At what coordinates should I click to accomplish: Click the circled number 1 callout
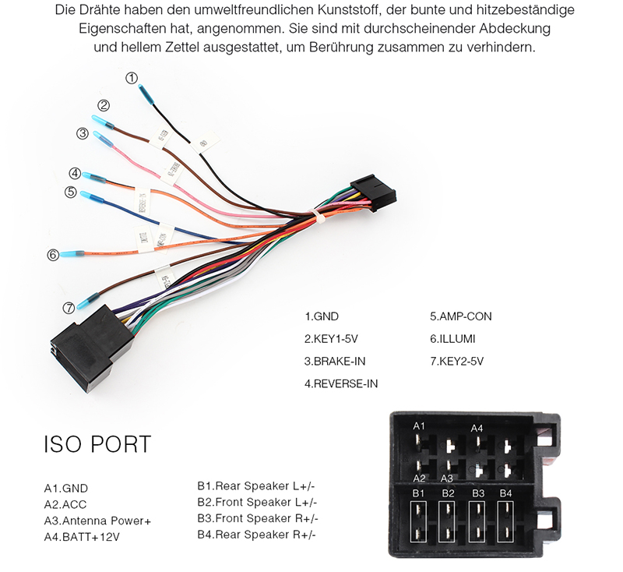pyautogui.click(x=132, y=78)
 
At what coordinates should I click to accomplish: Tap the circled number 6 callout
pyautogui.click(x=53, y=254)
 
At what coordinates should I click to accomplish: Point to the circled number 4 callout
pyautogui.click(x=75, y=173)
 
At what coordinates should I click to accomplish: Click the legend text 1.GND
pyautogui.click(x=322, y=316)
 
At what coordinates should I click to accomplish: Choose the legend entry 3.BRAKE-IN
pyautogui.click(x=335, y=361)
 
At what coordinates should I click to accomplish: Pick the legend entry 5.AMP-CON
pyautogui.click(x=461, y=316)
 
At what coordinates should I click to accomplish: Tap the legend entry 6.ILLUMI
pyautogui.click(x=452, y=339)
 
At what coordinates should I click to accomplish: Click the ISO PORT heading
pyautogui.click(x=97, y=444)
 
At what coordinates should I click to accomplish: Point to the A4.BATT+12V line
pyautogui.click(x=83, y=536)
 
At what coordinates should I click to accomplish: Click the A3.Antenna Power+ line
pyautogui.click(x=97, y=521)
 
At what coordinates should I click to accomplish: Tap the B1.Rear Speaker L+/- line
pyautogui.click(x=257, y=486)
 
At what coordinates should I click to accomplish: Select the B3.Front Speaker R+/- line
pyautogui.click(x=258, y=518)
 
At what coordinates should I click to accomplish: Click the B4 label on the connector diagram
pyautogui.click(x=506, y=493)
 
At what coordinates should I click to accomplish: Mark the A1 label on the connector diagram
pyautogui.click(x=419, y=425)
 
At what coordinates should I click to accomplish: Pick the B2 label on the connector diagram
pyautogui.click(x=448, y=493)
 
